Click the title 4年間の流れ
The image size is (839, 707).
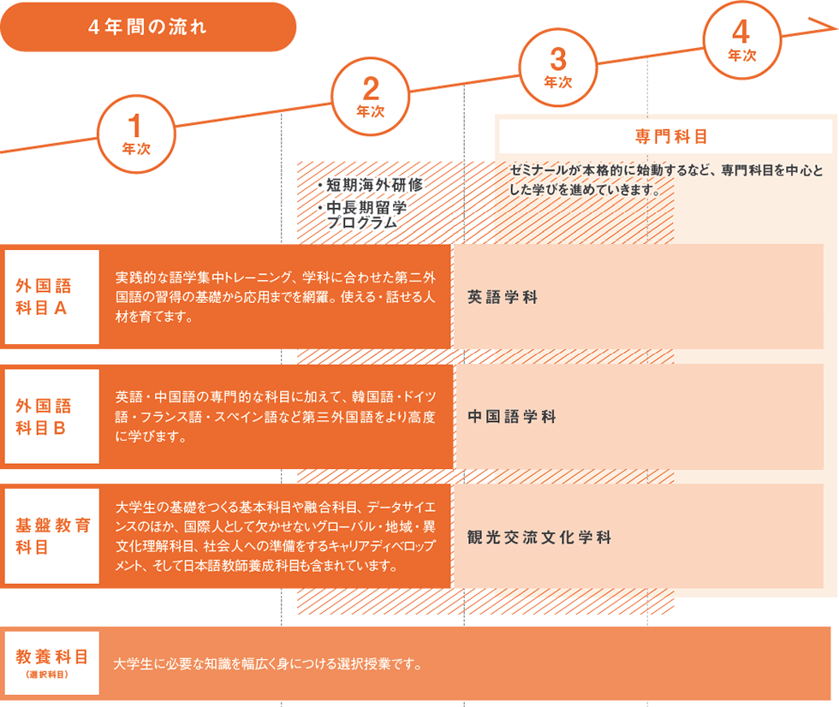[147, 27]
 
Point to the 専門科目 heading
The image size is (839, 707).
[671, 136]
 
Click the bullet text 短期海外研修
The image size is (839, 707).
[370, 185]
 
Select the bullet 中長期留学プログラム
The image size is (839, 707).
[361, 215]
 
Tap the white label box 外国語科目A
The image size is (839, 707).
[52, 297]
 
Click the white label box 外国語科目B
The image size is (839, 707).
[52, 416]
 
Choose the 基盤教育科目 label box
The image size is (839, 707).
[52, 536]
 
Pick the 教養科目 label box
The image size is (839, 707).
[52, 663]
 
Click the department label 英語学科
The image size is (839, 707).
[503, 297]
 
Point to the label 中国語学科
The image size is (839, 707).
[512, 417]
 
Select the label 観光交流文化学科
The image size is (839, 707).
[539, 538]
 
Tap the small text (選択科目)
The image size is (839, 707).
[47, 675]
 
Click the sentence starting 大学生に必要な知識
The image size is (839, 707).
[267, 664]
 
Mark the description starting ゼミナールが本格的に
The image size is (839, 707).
[666, 181]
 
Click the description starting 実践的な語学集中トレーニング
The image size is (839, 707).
[276, 297]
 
